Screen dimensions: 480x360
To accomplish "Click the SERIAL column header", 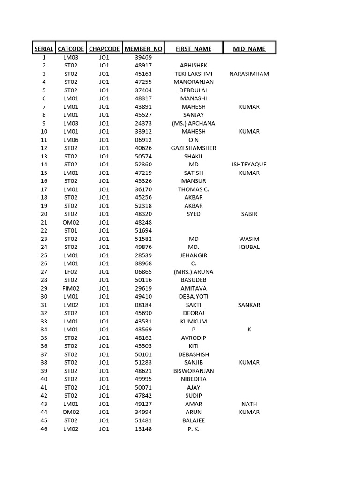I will (x=44, y=49).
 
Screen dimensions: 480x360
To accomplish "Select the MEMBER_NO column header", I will (x=143, y=49).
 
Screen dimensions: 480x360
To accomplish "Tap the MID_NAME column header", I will (x=249, y=49).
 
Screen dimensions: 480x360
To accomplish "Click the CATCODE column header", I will (x=71, y=49).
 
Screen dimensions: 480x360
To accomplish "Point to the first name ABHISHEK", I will (x=194, y=66).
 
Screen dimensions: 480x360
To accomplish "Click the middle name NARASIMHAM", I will (x=249, y=74).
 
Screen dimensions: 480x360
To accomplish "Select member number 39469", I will (x=143, y=57).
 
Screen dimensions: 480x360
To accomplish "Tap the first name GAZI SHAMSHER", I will (x=194, y=148).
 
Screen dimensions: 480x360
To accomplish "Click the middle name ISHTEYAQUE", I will (x=249, y=165).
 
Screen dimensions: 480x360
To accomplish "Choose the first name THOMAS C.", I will (x=194, y=189).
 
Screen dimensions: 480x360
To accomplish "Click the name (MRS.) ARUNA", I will (x=194, y=272).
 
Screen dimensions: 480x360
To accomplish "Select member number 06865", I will (x=143, y=272).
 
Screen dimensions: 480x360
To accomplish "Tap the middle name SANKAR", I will (x=249, y=305).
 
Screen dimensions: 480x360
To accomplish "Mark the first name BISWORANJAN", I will (x=194, y=371).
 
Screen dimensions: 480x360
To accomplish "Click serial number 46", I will (x=44, y=428).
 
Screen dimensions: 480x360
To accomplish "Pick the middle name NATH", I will (x=249, y=404).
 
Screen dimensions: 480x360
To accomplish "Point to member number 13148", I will (x=143, y=428).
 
